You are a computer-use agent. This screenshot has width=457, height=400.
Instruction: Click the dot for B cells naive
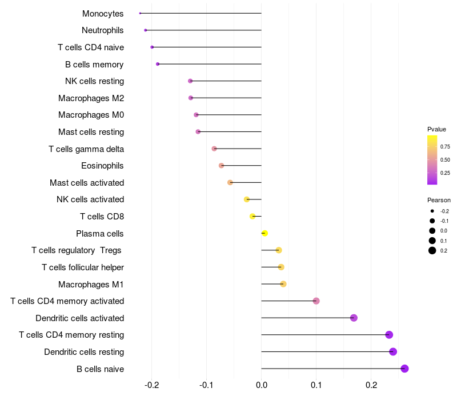click(x=404, y=369)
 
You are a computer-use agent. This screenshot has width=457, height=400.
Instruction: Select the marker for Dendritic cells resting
click(x=393, y=351)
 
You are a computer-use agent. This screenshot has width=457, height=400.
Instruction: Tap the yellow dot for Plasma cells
click(x=264, y=233)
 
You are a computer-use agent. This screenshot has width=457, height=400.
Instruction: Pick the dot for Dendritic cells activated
click(x=354, y=318)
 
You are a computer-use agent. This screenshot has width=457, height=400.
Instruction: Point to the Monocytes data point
click(x=140, y=13)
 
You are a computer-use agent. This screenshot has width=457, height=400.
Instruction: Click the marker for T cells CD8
click(x=252, y=216)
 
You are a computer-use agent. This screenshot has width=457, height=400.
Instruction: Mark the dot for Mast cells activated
click(x=230, y=182)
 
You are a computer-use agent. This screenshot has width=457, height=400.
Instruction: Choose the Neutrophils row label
click(x=103, y=30)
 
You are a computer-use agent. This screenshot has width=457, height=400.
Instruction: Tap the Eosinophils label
click(x=103, y=166)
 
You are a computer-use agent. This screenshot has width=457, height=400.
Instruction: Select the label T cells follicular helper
click(x=83, y=267)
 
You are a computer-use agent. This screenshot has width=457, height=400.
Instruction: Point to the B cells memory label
click(x=94, y=65)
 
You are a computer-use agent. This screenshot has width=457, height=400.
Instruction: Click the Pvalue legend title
click(x=436, y=129)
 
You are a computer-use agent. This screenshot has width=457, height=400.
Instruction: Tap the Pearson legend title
click(x=439, y=201)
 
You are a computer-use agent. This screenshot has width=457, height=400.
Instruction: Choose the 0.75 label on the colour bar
click(x=445, y=147)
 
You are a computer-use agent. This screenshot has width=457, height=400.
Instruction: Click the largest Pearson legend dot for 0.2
click(x=432, y=251)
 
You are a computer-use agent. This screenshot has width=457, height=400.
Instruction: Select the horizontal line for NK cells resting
click(x=226, y=81)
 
